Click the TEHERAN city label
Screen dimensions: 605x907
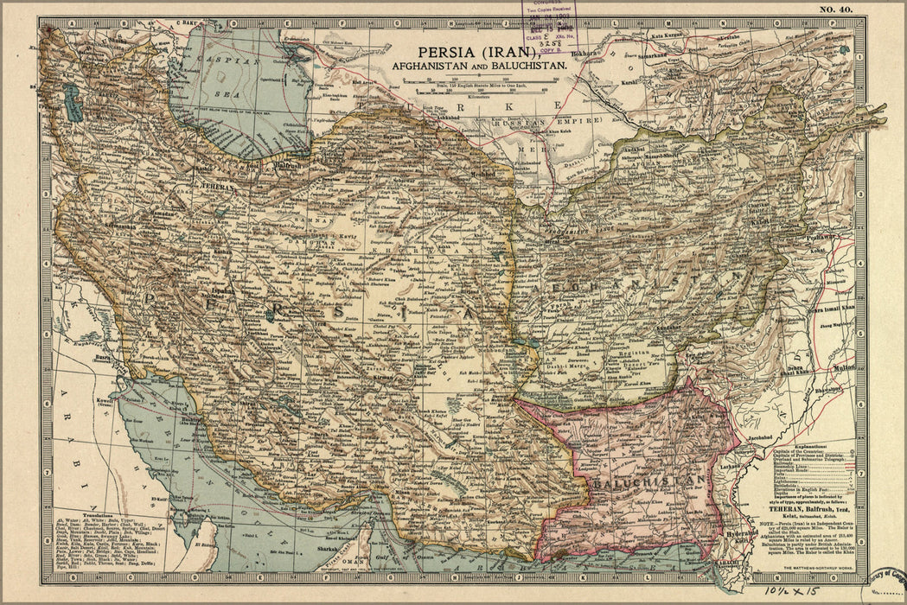click(217, 185)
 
